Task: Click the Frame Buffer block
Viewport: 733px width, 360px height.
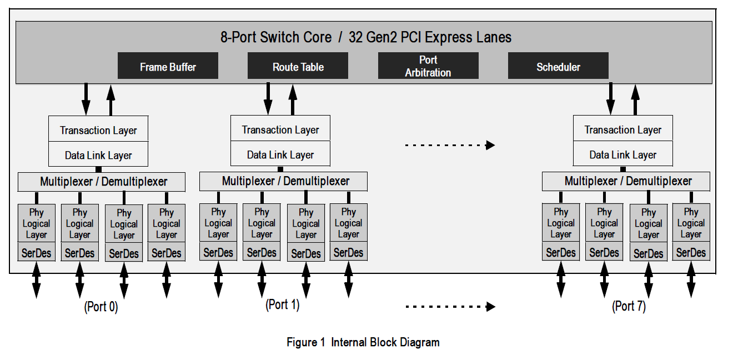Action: coord(168,67)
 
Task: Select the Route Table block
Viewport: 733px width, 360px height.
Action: coord(298,67)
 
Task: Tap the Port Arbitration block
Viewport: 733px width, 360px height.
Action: coord(428,66)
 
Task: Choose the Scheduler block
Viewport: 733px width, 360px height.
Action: coord(558,67)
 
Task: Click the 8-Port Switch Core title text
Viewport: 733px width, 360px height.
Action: coord(365,38)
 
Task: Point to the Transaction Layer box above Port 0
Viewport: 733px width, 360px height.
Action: coord(98,130)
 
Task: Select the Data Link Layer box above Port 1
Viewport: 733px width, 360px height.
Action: coord(280,154)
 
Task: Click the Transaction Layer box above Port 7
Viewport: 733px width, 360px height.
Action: coord(622,130)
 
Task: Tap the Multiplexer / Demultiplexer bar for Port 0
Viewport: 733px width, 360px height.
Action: coord(103,182)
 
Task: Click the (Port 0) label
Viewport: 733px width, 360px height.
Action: coord(101,307)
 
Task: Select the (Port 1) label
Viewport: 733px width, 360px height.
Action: coord(283,304)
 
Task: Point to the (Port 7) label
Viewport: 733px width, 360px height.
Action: coord(629,306)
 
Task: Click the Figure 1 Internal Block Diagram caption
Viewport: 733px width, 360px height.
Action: coord(363,342)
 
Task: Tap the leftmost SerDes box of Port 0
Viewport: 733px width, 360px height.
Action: coord(36,253)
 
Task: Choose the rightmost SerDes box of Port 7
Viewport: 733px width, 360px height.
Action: coord(691,253)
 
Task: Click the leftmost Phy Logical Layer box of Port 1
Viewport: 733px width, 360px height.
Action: coord(218,223)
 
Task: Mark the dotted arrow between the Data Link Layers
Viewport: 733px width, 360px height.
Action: coord(450,146)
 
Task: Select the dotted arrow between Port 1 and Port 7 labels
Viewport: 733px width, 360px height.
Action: coord(450,306)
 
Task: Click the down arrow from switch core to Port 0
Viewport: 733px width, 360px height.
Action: coord(86,99)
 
